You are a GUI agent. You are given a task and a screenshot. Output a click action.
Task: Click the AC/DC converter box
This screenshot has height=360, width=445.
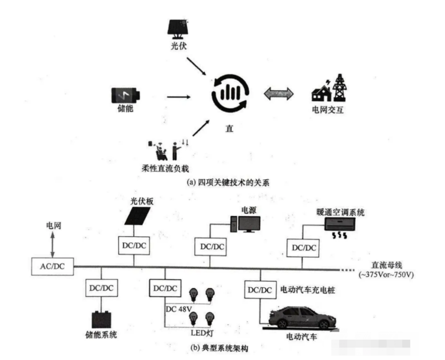point(51,266)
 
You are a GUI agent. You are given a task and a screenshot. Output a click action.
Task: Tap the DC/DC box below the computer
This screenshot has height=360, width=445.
point(210,246)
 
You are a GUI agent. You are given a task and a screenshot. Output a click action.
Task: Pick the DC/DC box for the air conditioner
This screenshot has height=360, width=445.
point(302,247)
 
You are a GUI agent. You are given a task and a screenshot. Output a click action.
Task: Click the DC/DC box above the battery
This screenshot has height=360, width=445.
point(100,288)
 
